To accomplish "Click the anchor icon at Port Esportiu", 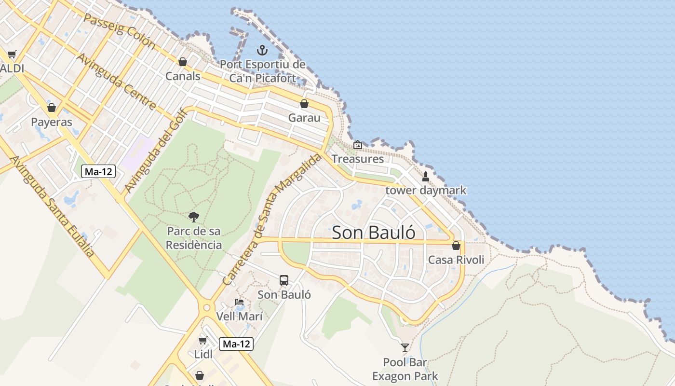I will [262, 50].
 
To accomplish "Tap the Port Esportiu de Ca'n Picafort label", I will [263, 71].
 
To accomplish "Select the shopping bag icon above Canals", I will [182, 62].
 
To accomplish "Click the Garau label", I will [304, 117].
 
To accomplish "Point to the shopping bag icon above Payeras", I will [52, 108].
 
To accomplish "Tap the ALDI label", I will [12, 68].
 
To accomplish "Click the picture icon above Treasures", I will [358, 145].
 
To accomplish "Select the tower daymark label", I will [426, 190].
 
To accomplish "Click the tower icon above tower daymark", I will [425, 177].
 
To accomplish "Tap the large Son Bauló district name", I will [374, 233].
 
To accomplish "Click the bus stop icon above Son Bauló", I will [284, 280].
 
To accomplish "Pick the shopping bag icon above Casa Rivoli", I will [456, 246].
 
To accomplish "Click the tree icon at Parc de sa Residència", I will [194, 217].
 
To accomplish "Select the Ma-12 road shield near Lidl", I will [236, 344].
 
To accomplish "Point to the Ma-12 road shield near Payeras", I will [99, 171].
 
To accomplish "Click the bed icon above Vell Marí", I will [239, 303].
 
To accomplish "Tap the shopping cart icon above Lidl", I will [203, 340].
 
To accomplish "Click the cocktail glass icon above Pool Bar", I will [405, 347].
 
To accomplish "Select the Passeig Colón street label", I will [119, 31].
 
